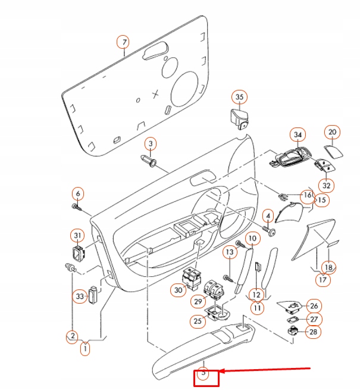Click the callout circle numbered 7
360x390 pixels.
tap(123, 42)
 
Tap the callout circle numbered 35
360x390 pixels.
tap(239, 96)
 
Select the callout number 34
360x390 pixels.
tap(298, 135)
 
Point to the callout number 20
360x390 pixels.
tap(333, 132)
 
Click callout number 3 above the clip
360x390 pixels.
tap(151, 143)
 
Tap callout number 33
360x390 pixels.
tap(80, 296)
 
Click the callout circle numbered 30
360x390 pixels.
tap(177, 290)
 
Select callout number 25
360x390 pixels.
tap(196, 322)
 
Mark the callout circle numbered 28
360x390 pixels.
tap(312, 332)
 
